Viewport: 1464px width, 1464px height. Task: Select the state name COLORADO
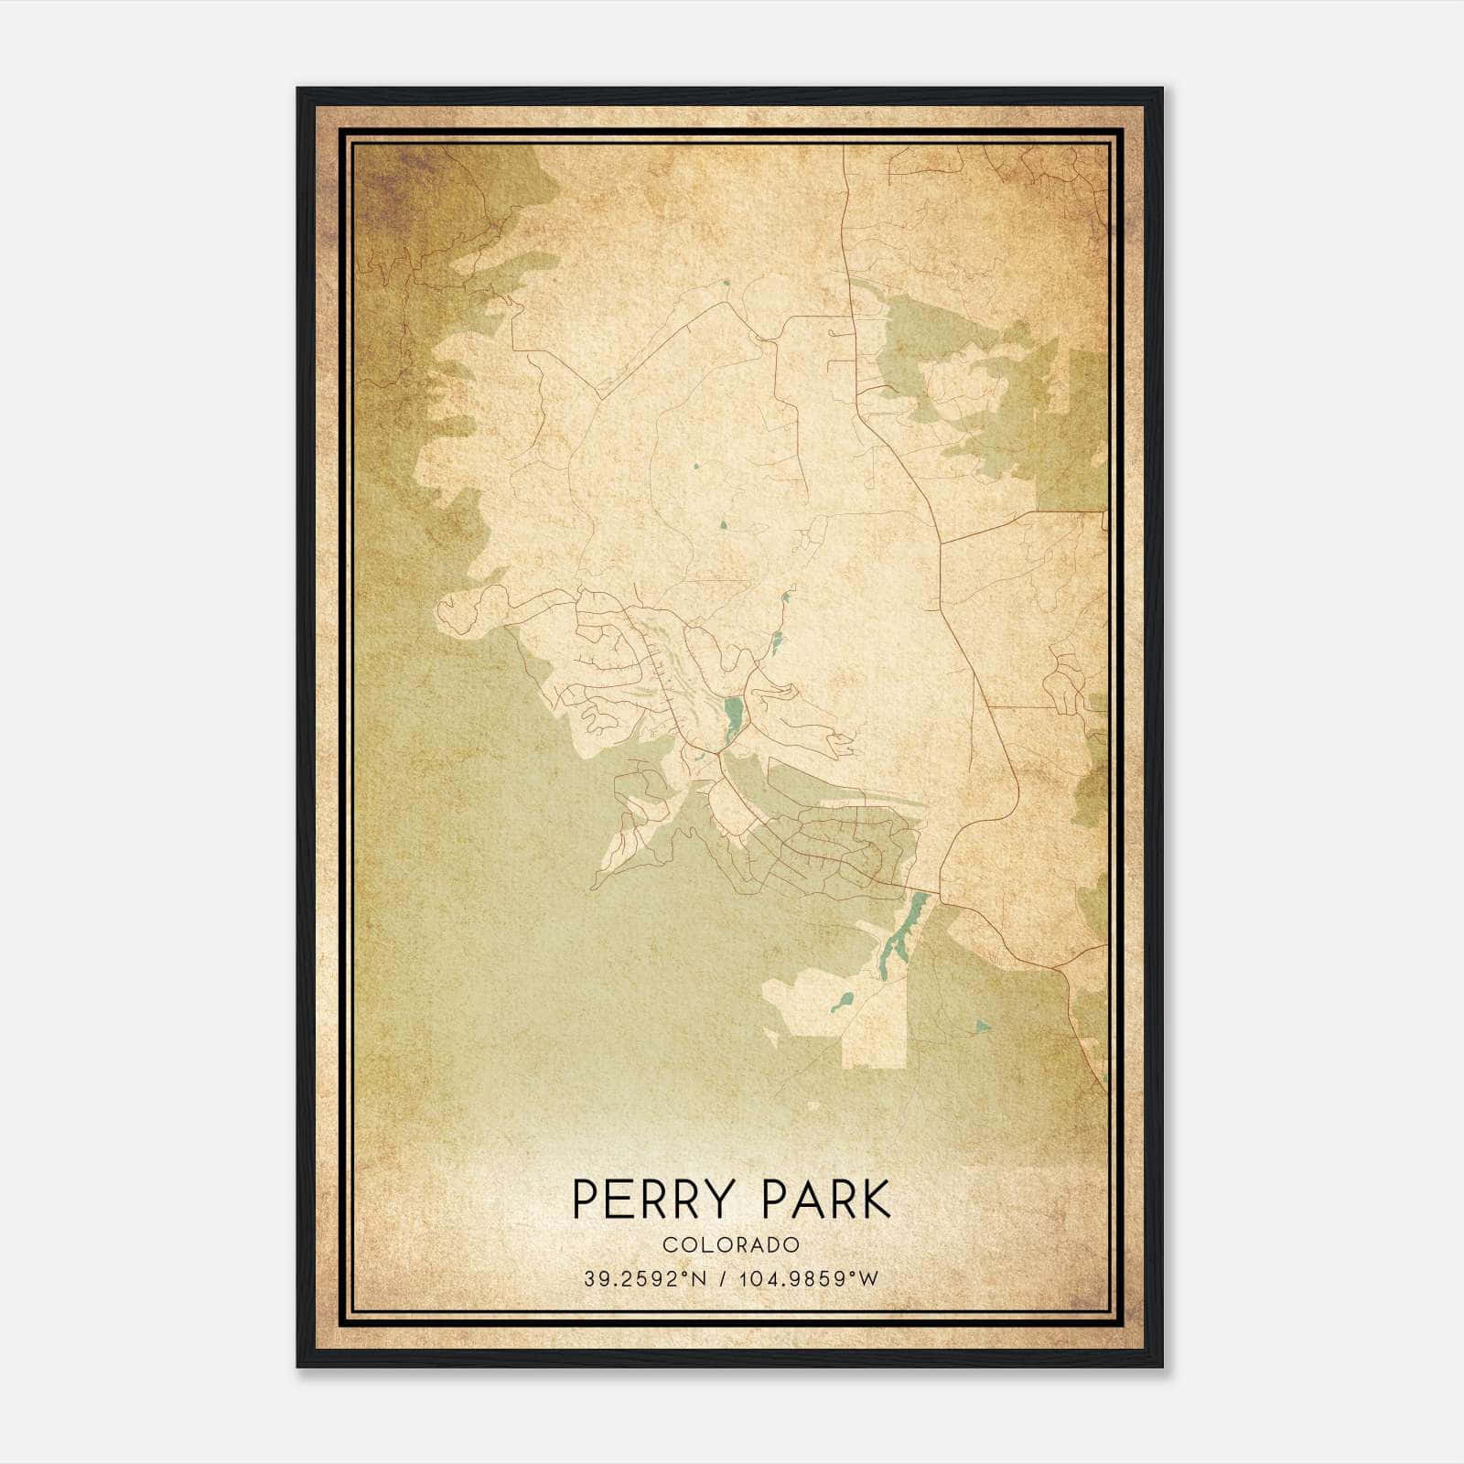(731, 1245)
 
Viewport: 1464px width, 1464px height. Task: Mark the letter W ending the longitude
(870, 1279)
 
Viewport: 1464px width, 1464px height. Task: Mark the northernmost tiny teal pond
(726, 283)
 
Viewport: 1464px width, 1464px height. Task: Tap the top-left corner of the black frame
(298, 90)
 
